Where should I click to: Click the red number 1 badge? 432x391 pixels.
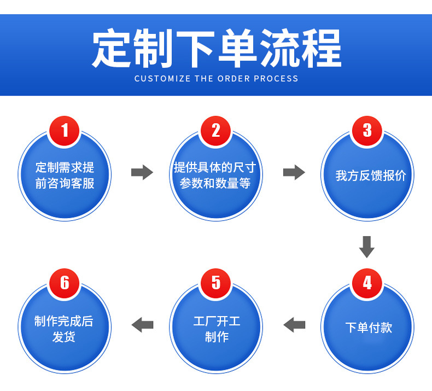[65, 131]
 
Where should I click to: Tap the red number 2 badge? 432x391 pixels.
[216, 131]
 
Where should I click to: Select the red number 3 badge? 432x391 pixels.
[367, 131]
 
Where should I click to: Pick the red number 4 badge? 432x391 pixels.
[367, 283]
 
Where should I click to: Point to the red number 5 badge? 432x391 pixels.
[216, 283]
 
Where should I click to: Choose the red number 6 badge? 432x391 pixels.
[65, 283]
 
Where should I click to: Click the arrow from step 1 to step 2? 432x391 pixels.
[142, 173]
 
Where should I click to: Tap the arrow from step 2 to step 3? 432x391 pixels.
[294, 173]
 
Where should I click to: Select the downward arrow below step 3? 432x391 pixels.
[366, 247]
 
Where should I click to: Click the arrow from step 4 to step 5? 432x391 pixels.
[294, 324]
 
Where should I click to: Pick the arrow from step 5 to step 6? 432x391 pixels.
[142, 324]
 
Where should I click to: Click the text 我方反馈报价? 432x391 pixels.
[371, 176]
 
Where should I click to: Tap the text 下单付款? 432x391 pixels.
[369, 328]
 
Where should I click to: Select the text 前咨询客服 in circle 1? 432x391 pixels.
[65, 184]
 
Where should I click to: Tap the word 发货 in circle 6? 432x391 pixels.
[64, 337]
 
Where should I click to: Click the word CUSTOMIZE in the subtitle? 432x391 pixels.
[162, 79]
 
